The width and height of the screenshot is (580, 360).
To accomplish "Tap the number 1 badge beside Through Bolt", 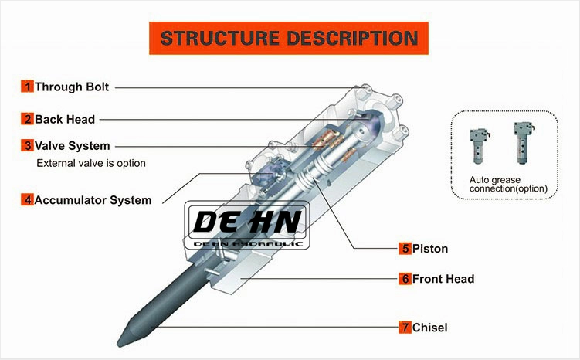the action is (27, 87).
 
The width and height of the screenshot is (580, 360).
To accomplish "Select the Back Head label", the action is (65, 119).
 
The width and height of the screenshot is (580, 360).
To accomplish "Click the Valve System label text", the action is (72, 145).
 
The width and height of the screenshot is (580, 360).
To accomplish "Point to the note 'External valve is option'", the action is (91, 164).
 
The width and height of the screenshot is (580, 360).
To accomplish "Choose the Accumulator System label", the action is (93, 199).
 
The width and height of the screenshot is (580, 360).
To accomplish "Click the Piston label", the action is (429, 249).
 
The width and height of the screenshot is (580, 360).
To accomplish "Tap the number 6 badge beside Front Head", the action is (405, 279).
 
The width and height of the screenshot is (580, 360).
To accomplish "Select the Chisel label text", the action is (429, 328).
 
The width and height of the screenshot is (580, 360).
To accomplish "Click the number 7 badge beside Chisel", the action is (405, 328).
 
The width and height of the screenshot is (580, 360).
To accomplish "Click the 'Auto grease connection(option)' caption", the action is (508, 184).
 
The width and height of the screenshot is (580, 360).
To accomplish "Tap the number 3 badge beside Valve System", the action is (27, 145).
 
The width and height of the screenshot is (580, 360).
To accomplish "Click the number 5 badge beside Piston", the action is (405, 249).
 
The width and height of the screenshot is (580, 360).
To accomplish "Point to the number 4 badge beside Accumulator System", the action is (27, 199).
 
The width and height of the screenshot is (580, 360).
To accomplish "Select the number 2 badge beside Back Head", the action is (27, 119).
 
